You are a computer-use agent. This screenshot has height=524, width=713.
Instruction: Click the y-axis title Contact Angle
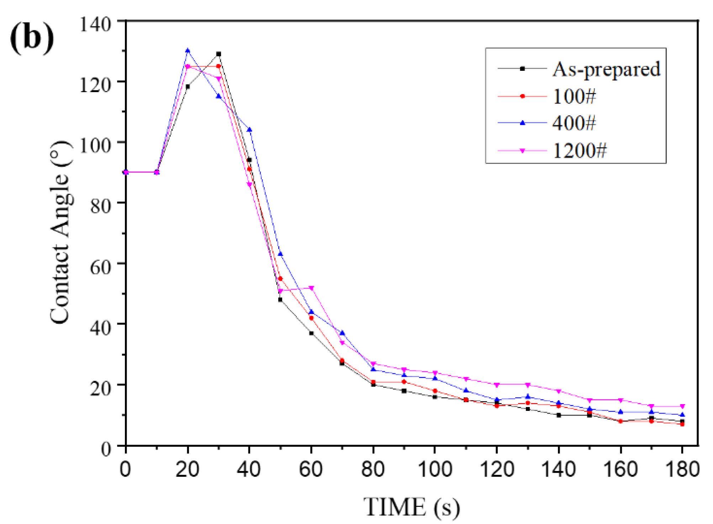coord(60,233)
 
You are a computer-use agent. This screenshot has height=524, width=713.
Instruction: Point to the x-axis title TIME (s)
coord(411,507)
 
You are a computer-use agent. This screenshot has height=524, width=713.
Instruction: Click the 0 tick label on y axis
coord(106,449)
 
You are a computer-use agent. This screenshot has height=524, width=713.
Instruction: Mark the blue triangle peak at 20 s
coord(188,51)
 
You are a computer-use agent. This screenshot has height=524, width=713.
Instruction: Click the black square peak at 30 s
coord(218,54)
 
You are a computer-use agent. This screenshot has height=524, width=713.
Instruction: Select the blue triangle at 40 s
coord(249,129)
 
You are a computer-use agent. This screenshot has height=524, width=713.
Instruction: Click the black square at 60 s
coord(311,333)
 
